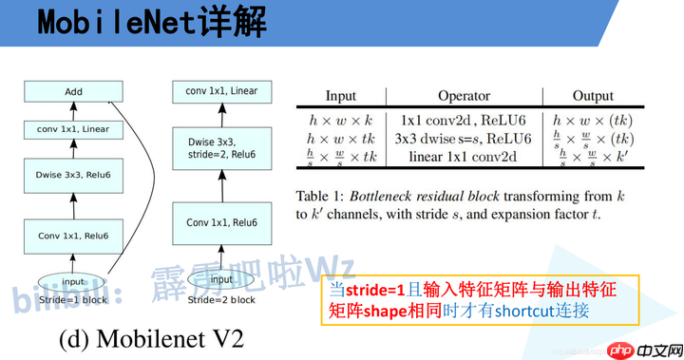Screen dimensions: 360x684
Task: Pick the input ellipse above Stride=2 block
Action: click(x=221, y=279)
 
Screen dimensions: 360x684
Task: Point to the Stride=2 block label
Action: click(x=221, y=300)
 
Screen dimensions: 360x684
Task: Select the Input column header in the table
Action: click(x=341, y=96)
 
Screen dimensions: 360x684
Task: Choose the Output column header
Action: click(x=593, y=96)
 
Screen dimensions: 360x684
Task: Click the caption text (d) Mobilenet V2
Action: click(x=155, y=339)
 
